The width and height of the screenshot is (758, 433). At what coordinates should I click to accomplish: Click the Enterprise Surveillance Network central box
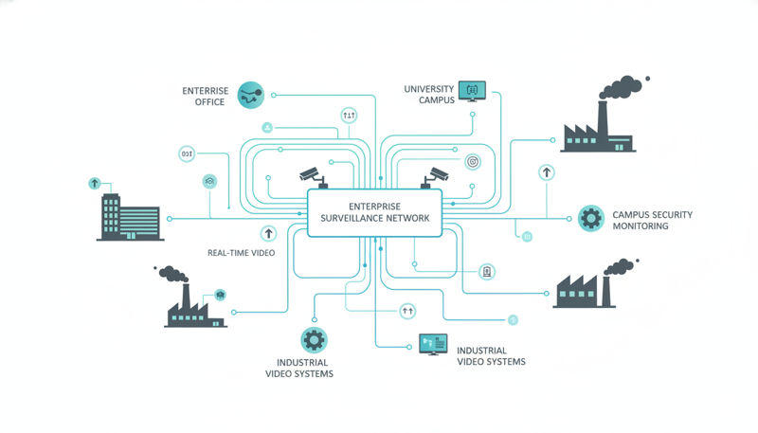click(x=375, y=211)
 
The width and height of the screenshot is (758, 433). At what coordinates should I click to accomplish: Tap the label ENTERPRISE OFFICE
click(x=204, y=96)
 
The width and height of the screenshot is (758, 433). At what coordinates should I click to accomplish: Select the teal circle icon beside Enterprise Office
click(x=252, y=94)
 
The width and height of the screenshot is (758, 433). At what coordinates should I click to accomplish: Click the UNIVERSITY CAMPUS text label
click(x=428, y=94)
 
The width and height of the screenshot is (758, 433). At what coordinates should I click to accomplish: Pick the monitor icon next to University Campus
click(x=472, y=90)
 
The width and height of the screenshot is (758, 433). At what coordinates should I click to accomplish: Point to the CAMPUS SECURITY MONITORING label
click(x=652, y=221)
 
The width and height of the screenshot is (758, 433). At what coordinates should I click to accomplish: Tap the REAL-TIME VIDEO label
click(x=242, y=252)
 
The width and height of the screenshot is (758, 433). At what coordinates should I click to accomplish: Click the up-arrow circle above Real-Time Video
click(x=268, y=232)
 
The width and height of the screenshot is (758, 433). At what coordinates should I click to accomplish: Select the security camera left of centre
click(x=311, y=174)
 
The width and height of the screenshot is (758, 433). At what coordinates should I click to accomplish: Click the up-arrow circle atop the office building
click(x=94, y=182)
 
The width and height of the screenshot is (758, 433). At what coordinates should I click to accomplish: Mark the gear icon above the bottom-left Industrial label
click(x=314, y=338)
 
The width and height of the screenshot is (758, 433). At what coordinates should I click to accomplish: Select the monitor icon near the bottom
click(x=432, y=344)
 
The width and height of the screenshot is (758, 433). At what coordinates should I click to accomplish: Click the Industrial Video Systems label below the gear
click(x=302, y=369)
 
